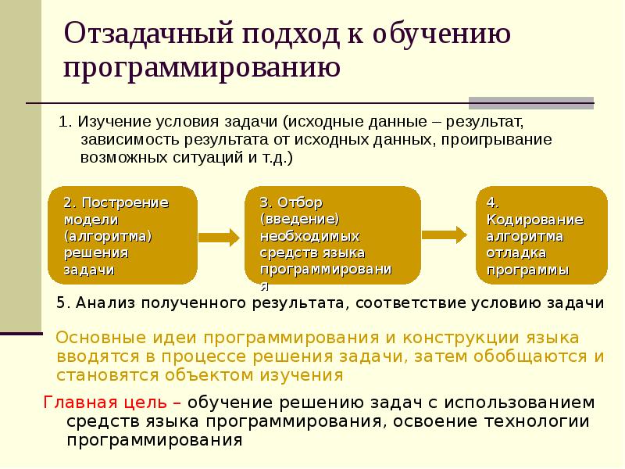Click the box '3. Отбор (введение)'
pos(334,235)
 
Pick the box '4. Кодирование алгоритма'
pos(541,235)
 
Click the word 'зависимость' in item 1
pos(123,140)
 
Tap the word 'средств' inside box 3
pos(288,252)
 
